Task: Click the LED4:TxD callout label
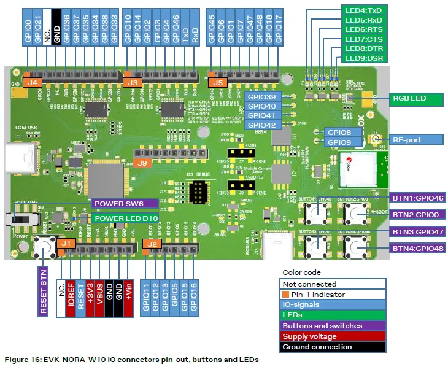point(363,10)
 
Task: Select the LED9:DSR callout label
point(363,58)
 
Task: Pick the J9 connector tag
point(142,163)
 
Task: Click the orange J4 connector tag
point(33,82)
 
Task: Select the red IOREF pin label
point(71,292)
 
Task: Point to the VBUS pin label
point(100,292)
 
